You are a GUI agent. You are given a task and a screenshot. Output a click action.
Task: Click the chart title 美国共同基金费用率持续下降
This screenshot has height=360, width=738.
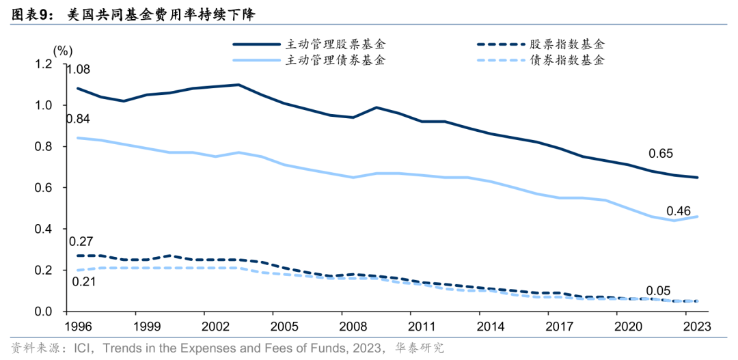(165, 14)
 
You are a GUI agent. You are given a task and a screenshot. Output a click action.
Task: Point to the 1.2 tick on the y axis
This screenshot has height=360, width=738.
(44, 64)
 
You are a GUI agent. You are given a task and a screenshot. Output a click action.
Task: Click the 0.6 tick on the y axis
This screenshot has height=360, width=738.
(44, 188)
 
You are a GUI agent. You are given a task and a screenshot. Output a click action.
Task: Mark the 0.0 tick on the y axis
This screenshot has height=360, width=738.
(44, 311)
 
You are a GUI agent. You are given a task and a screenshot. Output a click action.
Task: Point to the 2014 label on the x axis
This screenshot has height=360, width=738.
(491, 327)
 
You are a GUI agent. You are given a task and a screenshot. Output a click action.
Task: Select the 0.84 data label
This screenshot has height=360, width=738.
(77, 120)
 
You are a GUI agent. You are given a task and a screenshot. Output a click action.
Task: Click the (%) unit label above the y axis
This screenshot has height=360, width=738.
(62, 50)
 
